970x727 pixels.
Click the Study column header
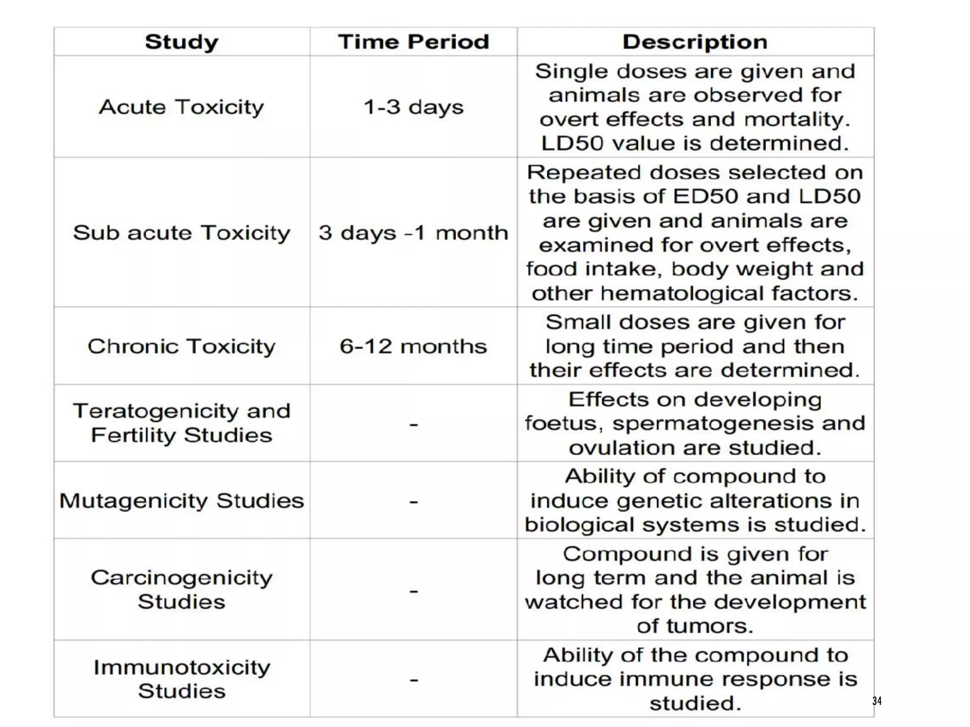181,42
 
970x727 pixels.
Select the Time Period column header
413,42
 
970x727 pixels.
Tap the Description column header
695,42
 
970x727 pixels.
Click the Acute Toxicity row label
181,107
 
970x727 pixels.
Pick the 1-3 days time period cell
413,107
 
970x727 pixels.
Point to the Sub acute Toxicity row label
181,233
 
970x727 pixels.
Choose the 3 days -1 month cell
413,233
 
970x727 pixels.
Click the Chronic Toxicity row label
181,346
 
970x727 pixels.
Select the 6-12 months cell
413,346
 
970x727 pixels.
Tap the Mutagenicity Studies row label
181,501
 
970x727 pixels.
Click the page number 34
877,701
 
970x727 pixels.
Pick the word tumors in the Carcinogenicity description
709,626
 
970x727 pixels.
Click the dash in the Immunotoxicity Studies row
414,680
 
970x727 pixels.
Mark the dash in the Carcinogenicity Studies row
414,591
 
